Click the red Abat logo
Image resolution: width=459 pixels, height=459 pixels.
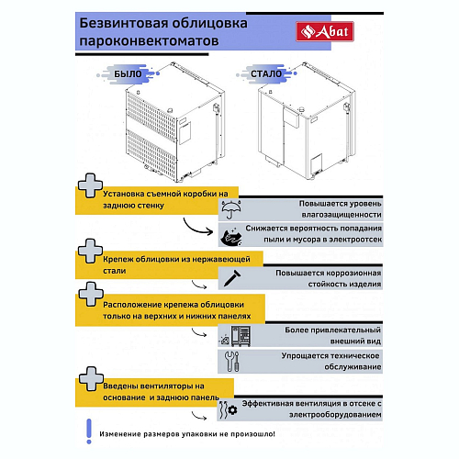(325, 31)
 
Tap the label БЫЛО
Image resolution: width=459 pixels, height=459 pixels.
(128, 73)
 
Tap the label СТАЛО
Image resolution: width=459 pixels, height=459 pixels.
(266, 73)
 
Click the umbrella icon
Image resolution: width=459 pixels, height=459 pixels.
(231, 209)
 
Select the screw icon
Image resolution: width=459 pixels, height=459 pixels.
(232, 278)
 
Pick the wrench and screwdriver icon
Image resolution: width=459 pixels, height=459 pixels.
(231, 361)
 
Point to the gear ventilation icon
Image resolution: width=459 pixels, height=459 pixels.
(229, 409)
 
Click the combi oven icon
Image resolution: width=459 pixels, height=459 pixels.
(241, 336)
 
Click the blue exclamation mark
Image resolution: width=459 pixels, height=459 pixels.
(89, 431)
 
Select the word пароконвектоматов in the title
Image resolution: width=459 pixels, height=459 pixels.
(149, 41)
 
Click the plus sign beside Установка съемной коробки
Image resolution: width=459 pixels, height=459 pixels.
(90, 185)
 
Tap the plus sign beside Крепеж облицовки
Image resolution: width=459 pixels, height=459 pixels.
(90, 251)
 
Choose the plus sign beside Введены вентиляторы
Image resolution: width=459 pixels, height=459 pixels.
(91, 378)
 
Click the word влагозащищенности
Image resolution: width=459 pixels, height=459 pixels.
(341, 215)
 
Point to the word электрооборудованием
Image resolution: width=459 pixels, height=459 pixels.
(335, 415)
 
